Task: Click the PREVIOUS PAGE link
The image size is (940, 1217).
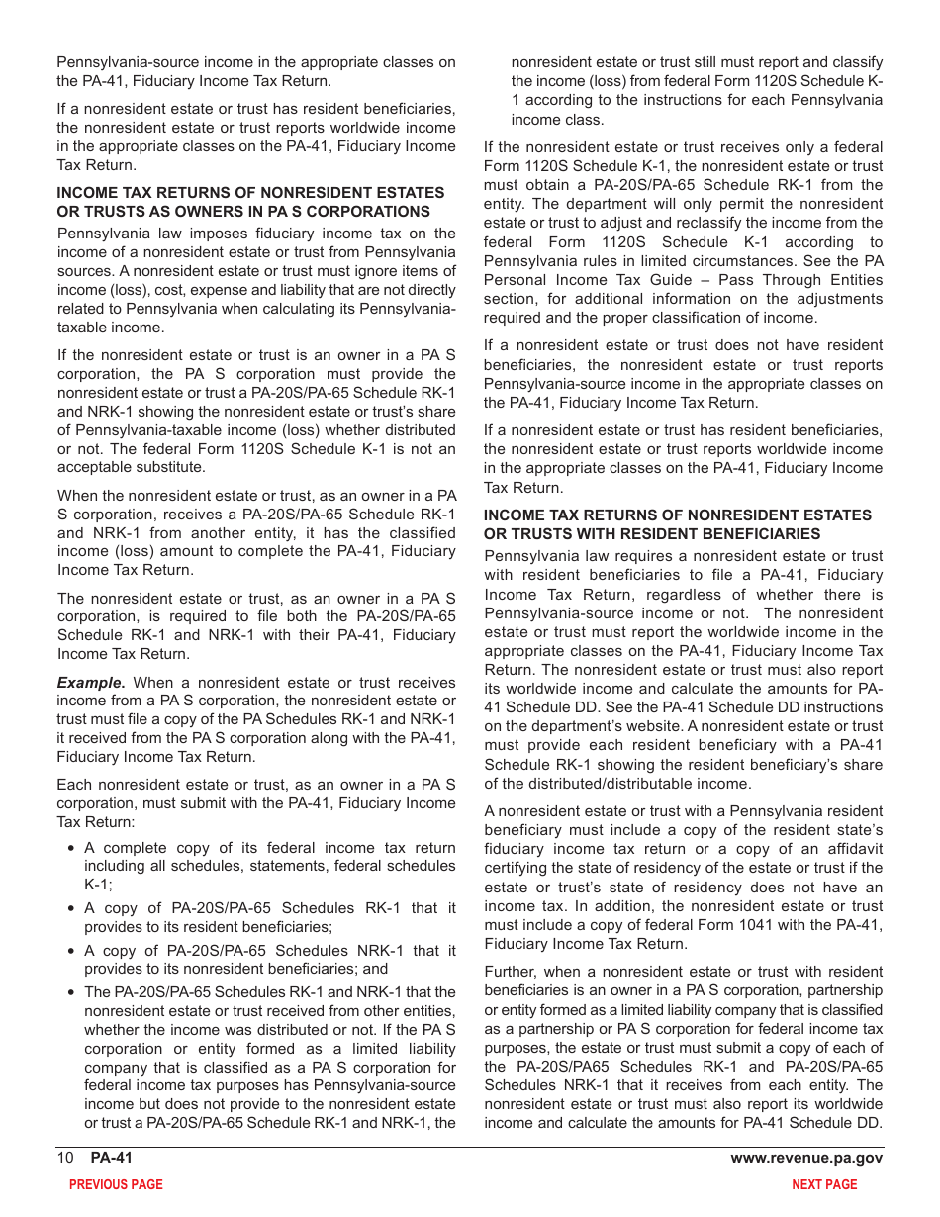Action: (116, 1184)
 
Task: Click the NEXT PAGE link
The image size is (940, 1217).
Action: (824, 1184)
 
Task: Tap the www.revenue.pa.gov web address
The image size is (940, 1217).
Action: (806, 1159)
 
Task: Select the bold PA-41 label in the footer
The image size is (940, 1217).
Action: (112, 1159)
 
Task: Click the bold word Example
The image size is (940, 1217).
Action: (91, 683)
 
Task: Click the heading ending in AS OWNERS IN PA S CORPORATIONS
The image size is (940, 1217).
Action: (243, 212)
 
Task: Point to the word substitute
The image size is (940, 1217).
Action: (171, 467)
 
